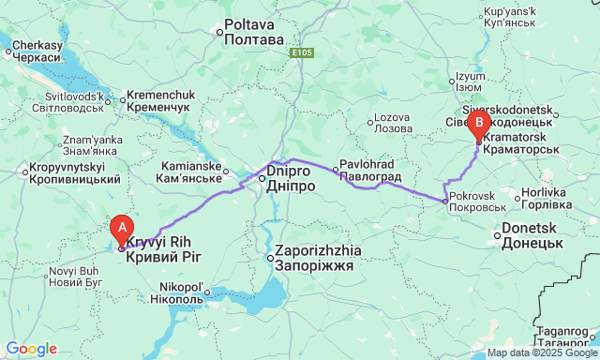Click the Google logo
(30, 349)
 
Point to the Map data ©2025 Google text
(541, 353)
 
